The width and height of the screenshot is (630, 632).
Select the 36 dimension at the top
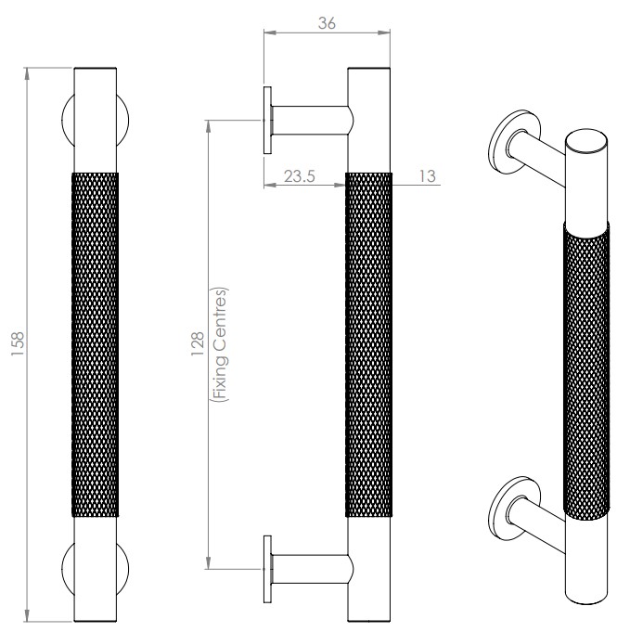click(x=327, y=23)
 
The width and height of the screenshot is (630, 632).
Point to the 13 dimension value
click(x=428, y=175)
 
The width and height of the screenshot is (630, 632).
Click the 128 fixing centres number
click(x=199, y=342)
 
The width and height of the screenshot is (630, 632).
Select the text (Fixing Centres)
click(x=221, y=342)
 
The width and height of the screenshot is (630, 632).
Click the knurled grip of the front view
click(x=96, y=342)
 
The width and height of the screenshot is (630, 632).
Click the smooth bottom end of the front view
click(x=96, y=566)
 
